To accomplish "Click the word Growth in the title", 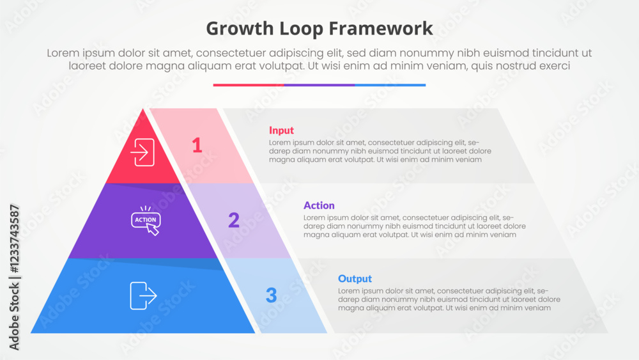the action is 240,29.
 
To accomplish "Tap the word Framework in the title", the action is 381,29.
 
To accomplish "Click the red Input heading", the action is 281,130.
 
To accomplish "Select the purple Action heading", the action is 319,205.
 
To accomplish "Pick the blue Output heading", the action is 355,279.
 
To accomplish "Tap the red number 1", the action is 197,145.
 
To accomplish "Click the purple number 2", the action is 234,220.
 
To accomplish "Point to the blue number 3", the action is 272,295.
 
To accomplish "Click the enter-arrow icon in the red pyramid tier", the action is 142,152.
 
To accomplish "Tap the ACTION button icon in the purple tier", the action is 146,221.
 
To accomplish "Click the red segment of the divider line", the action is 249,85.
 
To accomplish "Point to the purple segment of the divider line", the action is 319,85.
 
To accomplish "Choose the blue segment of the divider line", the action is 390,85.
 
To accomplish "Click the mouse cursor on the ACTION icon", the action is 153,230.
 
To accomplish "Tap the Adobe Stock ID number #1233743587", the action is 14,239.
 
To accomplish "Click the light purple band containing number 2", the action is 239,221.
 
